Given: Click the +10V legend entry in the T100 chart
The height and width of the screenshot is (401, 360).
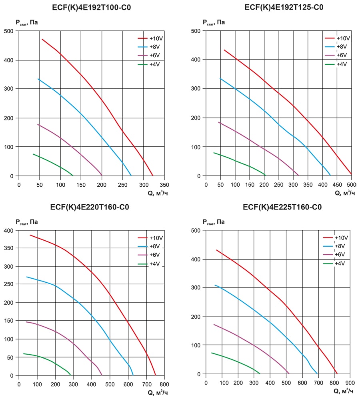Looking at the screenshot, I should tap(154, 39).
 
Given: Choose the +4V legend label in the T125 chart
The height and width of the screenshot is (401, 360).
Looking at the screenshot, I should tap(341, 64).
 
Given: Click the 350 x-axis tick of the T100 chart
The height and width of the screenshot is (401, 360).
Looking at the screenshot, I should tap(164, 185).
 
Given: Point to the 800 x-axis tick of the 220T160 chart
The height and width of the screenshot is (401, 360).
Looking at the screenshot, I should tap(164, 384).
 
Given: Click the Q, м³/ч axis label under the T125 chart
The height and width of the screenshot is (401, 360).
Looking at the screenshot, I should tap(344, 193).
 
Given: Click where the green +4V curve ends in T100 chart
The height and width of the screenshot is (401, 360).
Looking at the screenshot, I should tap(72, 175).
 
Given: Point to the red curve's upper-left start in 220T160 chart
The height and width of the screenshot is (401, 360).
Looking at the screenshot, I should tap(30, 235).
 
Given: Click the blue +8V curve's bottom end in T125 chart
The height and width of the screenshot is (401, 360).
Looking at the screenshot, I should tap(330, 175).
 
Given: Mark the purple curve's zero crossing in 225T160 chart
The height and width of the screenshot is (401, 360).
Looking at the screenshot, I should tap(289, 373).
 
